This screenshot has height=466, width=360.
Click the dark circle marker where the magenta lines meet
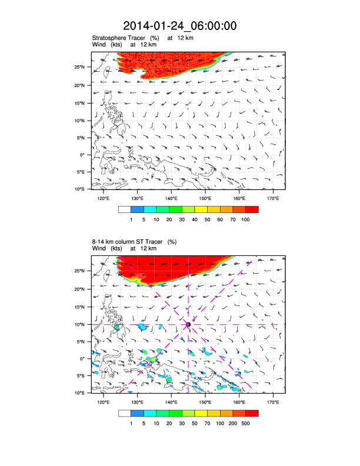pyautogui.click(x=188, y=324)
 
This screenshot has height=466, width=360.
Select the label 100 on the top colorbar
pyautogui.click(x=246, y=219)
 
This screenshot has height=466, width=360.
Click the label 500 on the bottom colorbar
pyautogui.click(x=246, y=422)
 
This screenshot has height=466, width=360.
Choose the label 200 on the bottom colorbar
pyautogui.click(x=233, y=422)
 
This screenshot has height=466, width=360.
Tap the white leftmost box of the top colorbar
pyautogui.click(x=124, y=209)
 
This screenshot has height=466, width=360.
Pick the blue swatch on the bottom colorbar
pyautogui.click(x=137, y=413)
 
